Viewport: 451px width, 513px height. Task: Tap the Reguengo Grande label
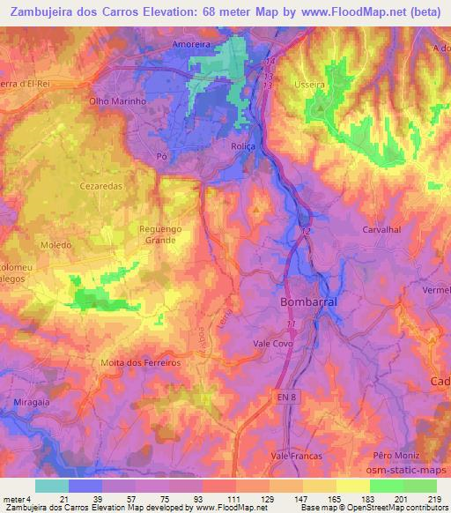(x=159, y=235)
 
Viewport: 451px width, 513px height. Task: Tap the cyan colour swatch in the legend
(x=52, y=486)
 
